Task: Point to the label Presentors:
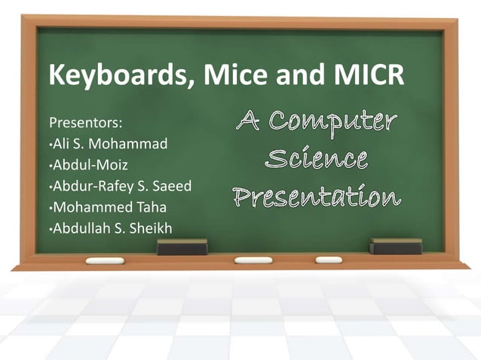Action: pyautogui.click(x=85, y=122)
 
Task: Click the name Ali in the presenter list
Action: pyautogui.click(x=62, y=143)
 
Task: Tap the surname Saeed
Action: pyautogui.click(x=171, y=186)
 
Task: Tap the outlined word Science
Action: pyautogui.click(x=317, y=160)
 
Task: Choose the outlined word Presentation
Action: pyautogui.click(x=316, y=198)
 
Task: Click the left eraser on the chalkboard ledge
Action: pyautogui.click(x=182, y=247)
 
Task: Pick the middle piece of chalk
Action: pyautogui.click(x=253, y=260)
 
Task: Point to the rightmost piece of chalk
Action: pyautogui.click(x=329, y=260)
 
